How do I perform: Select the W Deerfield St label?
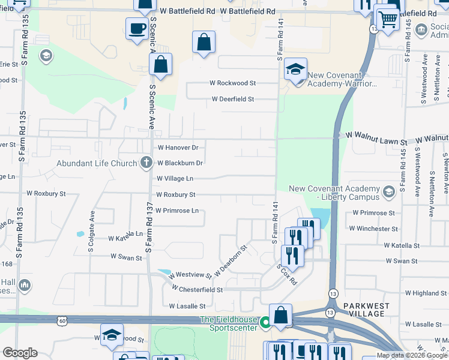(x=233, y=99)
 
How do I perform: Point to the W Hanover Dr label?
(x=178, y=147)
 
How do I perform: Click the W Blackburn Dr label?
(x=180, y=163)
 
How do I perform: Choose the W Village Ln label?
(x=175, y=178)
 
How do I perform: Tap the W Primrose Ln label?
(x=177, y=211)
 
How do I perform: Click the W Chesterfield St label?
(x=197, y=289)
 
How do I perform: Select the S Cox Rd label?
(x=287, y=275)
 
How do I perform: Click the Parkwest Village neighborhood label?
(x=367, y=310)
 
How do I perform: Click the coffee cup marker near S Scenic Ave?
(x=136, y=28)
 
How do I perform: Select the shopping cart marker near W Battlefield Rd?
(x=387, y=20)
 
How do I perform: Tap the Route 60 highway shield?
(x=62, y=321)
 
